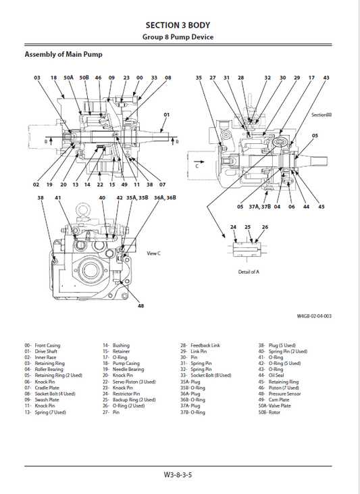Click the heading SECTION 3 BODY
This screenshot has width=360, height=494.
click(x=179, y=25)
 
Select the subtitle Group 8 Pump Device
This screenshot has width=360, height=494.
click(x=179, y=37)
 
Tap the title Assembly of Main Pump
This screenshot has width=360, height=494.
click(x=63, y=54)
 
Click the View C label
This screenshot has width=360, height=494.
click(x=153, y=253)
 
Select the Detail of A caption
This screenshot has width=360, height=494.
click(x=248, y=272)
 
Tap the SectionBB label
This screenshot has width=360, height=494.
click(x=322, y=116)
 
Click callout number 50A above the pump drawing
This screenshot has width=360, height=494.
click(x=69, y=78)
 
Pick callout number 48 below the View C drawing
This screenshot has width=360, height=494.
click(x=140, y=306)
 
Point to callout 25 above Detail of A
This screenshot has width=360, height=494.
click(x=248, y=227)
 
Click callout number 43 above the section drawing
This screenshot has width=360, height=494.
click(x=326, y=78)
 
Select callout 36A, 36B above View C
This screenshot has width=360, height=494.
click(x=165, y=198)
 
